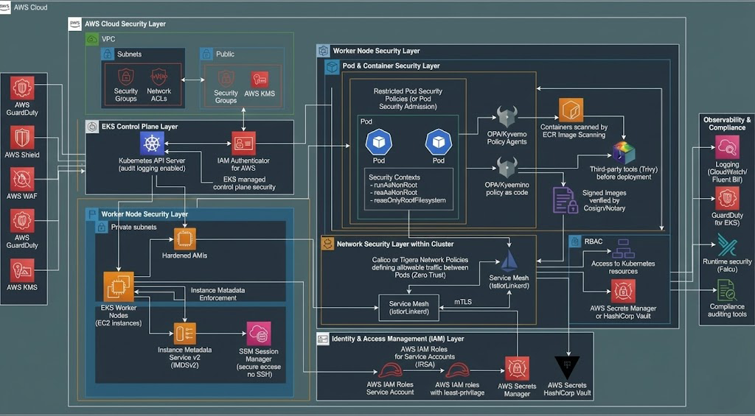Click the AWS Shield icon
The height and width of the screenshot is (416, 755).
click(22, 136)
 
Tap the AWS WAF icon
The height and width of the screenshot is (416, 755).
click(22, 179)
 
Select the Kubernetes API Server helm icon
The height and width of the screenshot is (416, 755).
click(152, 144)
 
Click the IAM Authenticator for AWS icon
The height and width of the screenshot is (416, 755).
click(243, 143)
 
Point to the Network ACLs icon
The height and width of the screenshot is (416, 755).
click(159, 77)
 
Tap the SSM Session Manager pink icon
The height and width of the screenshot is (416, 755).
click(259, 334)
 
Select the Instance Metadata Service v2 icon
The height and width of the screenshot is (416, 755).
click(185, 334)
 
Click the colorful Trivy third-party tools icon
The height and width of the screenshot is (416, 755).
click(624, 153)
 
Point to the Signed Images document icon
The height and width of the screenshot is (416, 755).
click(565, 200)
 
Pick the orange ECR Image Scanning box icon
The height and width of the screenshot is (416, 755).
click(571, 110)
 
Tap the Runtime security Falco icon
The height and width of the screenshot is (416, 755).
click(726, 244)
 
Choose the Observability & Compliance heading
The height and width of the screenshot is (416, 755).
click(727, 123)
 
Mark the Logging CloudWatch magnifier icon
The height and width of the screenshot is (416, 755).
click(726, 147)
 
